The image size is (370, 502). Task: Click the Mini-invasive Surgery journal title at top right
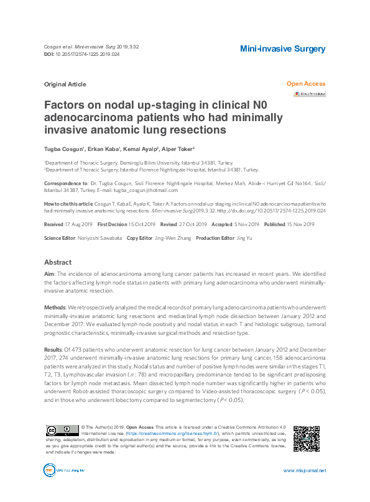(282, 49)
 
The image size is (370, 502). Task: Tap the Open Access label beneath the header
(305, 84)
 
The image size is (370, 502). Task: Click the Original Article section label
(65, 84)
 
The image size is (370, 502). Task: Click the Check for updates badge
(310, 94)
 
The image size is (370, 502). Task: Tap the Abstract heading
(58, 263)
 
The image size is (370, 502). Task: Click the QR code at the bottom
(306, 439)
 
